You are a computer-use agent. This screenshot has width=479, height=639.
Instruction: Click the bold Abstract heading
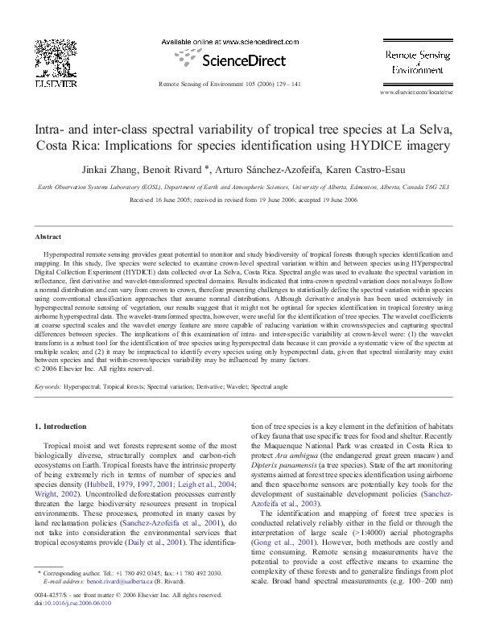tap(47, 237)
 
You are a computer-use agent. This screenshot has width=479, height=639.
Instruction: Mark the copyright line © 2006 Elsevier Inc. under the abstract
tap(95, 369)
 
